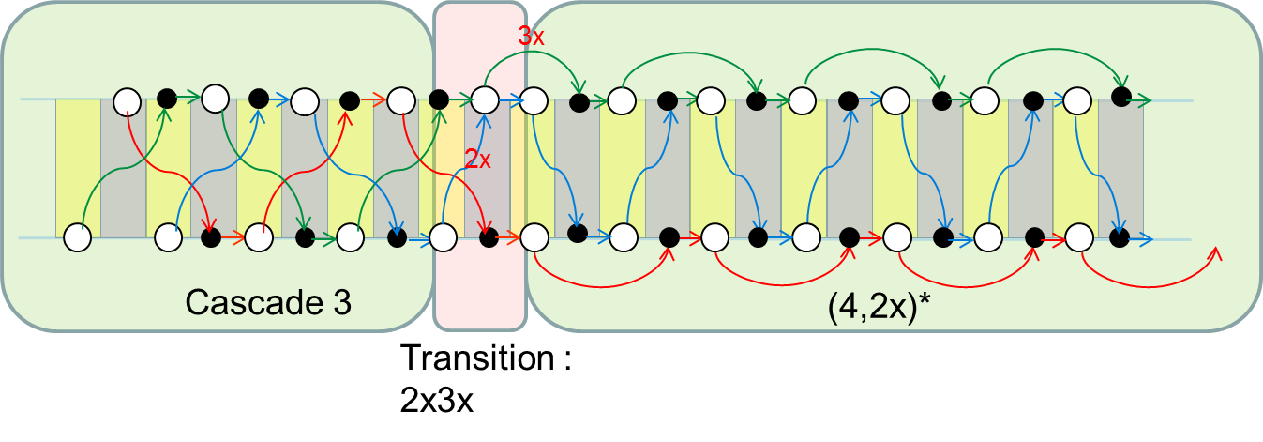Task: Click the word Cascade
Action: [x=255, y=302]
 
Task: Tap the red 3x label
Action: [x=531, y=36]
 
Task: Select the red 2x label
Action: [x=477, y=160]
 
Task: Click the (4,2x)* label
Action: [x=879, y=307]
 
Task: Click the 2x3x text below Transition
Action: [x=436, y=400]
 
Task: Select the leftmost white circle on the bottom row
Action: [x=78, y=237]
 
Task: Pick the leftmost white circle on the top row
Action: [x=127, y=102]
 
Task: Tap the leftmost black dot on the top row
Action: [x=167, y=99]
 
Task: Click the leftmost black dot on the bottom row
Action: [x=211, y=237]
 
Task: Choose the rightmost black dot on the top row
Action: [x=1121, y=97]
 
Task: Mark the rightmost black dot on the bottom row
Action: [x=1120, y=237]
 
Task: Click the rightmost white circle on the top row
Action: [x=1077, y=101]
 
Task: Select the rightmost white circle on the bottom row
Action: [x=1079, y=237]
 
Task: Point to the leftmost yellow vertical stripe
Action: [x=79, y=168]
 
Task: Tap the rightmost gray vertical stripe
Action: [x=1120, y=168]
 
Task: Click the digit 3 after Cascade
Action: [x=341, y=302]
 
